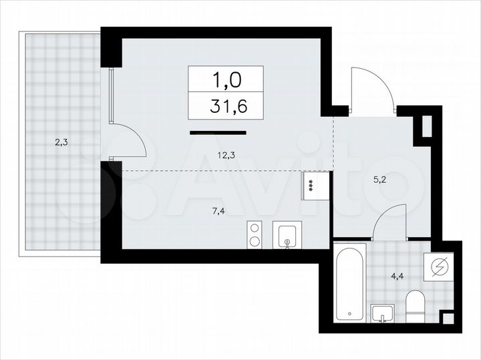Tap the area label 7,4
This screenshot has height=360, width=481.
pyautogui.click(x=218, y=210)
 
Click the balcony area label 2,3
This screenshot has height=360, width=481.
pyautogui.click(x=61, y=142)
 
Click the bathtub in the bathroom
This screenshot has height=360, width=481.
pyautogui.click(x=351, y=283)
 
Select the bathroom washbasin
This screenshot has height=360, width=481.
pyautogui.click(x=383, y=313)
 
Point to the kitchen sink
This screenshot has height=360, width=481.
pyautogui.click(x=287, y=234)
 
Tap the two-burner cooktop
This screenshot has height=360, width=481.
pyautogui.click(x=255, y=234)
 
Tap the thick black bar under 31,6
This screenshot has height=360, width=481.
pyautogui.click(x=218, y=133)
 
